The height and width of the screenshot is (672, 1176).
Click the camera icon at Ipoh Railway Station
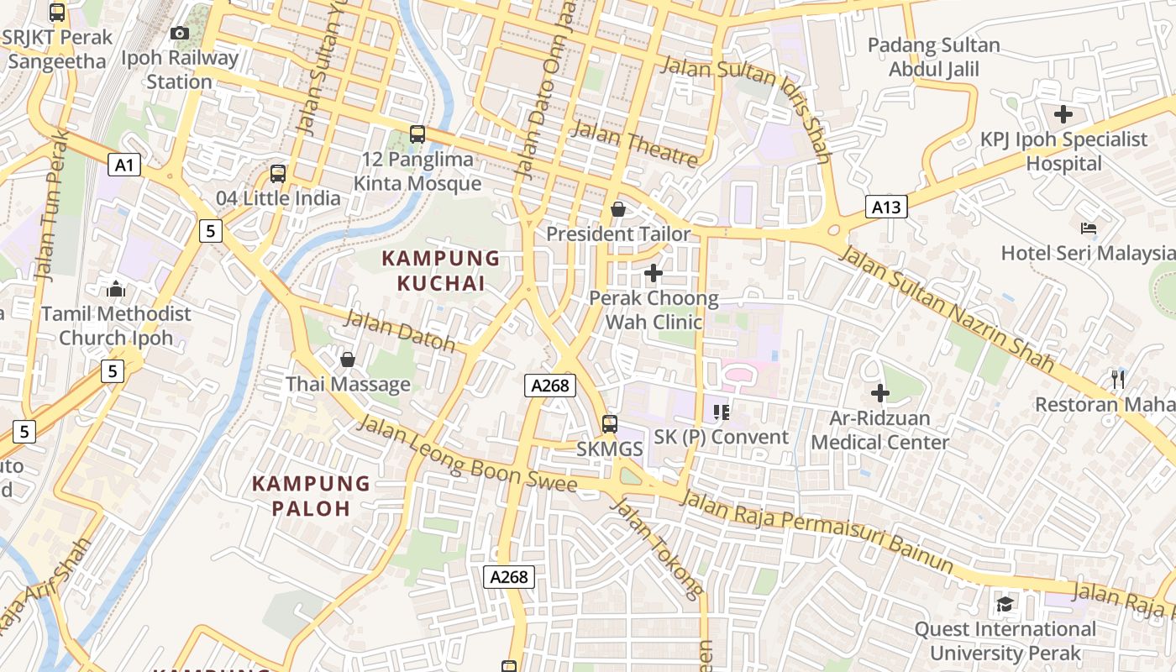coord(179,34)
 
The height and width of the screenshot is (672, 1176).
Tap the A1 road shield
coord(123,165)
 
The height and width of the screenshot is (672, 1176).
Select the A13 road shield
coord(886,207)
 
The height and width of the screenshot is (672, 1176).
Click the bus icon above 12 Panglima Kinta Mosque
coord(417,134)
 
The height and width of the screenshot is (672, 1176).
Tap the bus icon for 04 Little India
coord(278,174)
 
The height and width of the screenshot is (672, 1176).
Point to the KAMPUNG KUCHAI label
coord(441,270)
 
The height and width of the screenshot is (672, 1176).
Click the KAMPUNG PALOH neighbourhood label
coord(311,496)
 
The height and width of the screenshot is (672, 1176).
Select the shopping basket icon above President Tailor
coord(618,209)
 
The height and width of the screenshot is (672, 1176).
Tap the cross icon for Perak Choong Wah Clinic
coord(654,273)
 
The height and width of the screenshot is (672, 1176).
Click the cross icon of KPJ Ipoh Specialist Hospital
coord(1063,114)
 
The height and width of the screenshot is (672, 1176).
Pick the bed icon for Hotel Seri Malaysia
coord(1089,228)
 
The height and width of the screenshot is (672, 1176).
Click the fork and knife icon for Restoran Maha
coord(1117,380)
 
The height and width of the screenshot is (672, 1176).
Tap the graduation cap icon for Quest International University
coord(1005,604)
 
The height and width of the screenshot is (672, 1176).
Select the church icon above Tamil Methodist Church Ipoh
coord(116,290)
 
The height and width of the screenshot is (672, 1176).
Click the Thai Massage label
coord(348,385)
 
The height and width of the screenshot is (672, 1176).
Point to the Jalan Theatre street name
coord(634,144)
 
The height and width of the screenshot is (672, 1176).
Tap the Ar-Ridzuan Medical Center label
coord(879,430)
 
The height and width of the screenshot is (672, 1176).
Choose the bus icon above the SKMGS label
coord(610,424)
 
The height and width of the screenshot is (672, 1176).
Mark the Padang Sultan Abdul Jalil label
coord(933,57)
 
